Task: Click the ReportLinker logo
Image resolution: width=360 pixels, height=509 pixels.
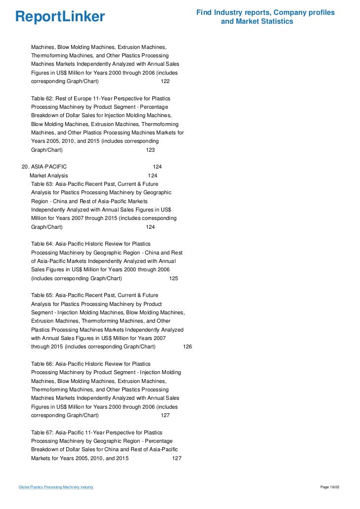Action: click(60, 16)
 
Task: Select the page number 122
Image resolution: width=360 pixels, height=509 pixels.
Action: click(165, 81)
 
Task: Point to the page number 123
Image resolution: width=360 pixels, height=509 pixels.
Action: click(150, 149)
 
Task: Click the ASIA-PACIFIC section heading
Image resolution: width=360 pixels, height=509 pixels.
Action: click(48, 167)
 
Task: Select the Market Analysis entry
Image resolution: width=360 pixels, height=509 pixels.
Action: click(48, 175)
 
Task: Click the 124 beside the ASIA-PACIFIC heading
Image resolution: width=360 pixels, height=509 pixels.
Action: click(157, 167)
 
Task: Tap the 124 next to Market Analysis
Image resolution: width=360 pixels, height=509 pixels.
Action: click(153, 175)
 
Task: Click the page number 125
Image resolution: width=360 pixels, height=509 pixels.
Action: click(174, 278)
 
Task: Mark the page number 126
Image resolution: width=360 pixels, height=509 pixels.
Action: click(187, 347)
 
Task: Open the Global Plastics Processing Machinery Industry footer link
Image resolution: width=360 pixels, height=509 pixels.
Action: click(56, 487)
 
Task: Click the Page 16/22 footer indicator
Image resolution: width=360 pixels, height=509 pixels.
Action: click(330, 487)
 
